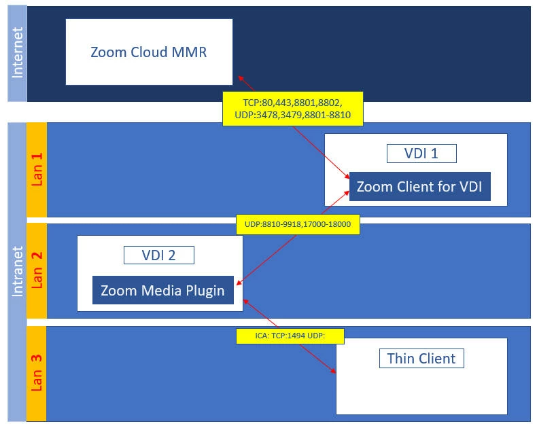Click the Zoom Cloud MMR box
click(149, 52)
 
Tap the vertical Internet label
click(18, 53)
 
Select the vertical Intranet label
click(18, 272)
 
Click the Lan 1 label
click(37, 169)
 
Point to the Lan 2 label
click(37, 270)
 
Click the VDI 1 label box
click(421, 154)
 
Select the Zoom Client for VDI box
click(419, 186)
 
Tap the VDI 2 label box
click(159, 255)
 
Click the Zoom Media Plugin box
click(162, 291)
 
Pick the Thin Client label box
click(421, 358)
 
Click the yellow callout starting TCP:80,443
click(293, 109)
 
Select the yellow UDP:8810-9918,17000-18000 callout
click(298, 224)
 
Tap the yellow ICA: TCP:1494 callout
click(290, 335)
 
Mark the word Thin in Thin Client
click(401, 358)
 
